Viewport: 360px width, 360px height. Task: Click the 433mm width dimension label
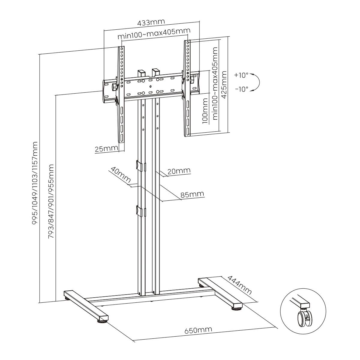151,23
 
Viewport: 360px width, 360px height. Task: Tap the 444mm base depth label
239,285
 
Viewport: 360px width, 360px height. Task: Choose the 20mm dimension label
179,171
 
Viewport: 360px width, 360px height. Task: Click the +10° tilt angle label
241,75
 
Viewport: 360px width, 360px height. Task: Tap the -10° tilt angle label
241,89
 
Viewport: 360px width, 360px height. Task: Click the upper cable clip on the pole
140,166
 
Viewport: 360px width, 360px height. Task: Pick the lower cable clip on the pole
140,211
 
